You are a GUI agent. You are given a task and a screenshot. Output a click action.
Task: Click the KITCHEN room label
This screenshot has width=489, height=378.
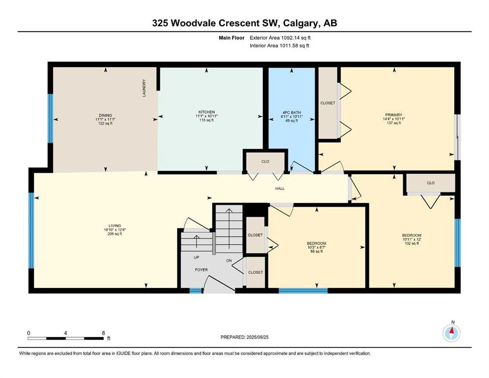pos(206,112)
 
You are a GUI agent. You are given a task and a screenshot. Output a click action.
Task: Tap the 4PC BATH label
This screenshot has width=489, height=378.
pos(292,113)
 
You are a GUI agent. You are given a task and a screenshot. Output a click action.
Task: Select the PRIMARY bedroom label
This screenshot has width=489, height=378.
pos(393,115)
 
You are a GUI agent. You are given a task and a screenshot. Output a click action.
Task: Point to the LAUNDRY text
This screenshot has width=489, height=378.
pos(144,88)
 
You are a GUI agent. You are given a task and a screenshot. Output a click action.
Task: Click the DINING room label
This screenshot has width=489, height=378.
pos(105,115)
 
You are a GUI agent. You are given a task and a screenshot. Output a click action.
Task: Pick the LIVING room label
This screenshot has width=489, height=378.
pos(115,225)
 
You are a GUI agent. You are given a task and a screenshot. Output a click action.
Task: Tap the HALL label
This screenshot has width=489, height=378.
pos(280,189)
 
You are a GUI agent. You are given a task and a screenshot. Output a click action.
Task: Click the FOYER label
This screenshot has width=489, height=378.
pos(201,270)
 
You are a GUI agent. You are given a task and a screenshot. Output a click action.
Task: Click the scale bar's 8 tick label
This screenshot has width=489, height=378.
pos(103,333)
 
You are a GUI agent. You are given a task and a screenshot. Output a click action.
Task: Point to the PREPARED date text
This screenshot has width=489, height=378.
pos(244,337)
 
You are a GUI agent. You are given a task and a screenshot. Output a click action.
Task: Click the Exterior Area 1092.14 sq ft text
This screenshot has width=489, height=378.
pos(280,38)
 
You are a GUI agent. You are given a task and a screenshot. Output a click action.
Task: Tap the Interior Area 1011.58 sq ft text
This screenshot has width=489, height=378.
pos(279,45)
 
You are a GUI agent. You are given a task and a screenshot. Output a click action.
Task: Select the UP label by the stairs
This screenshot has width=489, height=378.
pos(196,257)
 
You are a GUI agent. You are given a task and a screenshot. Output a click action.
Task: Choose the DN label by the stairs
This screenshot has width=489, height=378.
pos(229,260)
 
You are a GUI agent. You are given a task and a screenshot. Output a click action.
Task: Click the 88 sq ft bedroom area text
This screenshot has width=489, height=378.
pos(317,251)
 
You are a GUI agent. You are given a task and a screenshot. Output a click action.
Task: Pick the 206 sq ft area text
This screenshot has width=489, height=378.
pos(115,234)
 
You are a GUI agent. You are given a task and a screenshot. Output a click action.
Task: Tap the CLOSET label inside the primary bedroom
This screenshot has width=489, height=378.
pos(328,103)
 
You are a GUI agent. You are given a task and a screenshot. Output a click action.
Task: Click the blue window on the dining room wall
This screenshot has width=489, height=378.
pos(50,119)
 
